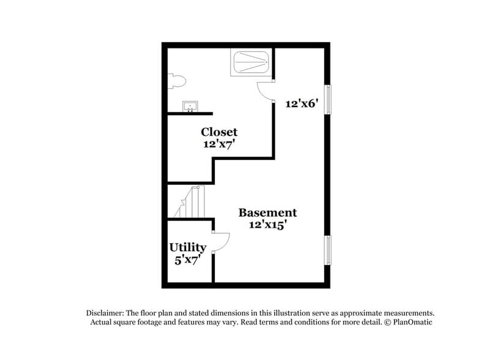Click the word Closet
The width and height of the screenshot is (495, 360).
pyautogui.click(x=219, y=132)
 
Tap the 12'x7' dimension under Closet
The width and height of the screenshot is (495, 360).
pyautogui.click(x=219, y=144)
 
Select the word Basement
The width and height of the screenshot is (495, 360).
pyautogui.click(x=267, y=212)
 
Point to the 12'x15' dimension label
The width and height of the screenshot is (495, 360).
pyautogui.click(x=267, y=225)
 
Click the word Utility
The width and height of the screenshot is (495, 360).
pyautogui.click(x=187, y=247)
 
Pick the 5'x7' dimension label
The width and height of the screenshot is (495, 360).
pyautogui.click(x=187, y=259)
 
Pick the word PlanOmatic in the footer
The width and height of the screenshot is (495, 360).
pyautogui.click(x=411, y=321)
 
